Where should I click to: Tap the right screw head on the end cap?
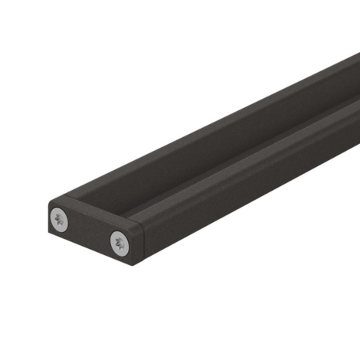click(120, 244)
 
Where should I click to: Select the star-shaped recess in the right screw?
click(120, 244)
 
